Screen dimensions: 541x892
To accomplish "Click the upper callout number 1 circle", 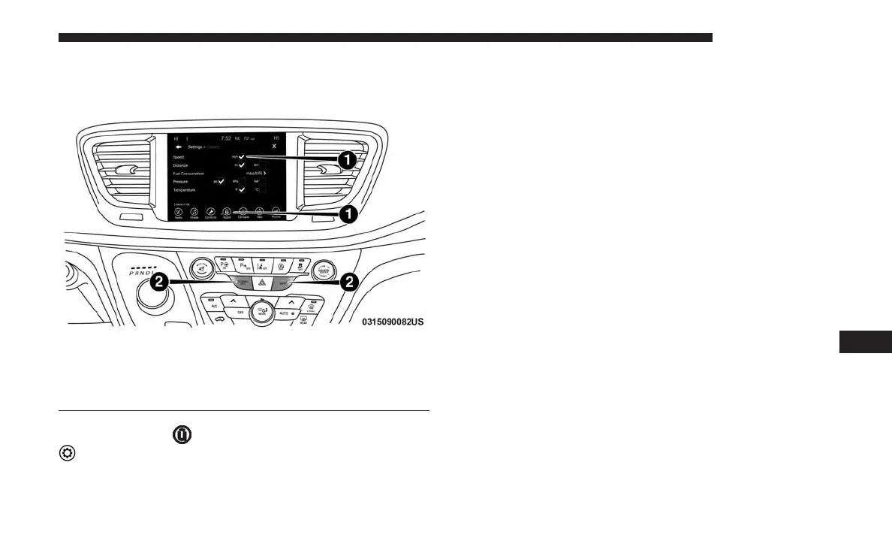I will click(x=347, y=160).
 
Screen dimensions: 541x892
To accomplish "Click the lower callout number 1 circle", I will click(x=347, y=214).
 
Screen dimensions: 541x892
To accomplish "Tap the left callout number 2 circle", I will click(x=159, y=283).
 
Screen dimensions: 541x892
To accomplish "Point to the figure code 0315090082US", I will click(x=393, y=322).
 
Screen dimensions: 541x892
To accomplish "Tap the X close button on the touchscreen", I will click(x=274, y=146).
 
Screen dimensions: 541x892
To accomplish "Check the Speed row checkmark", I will click(x=242, y=156).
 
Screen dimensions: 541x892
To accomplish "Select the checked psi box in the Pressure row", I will click(x=221, y=182).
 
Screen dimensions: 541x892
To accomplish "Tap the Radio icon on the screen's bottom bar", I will click(x=179, y=213).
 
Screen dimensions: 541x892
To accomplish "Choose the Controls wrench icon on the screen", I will click(x=211, y=213).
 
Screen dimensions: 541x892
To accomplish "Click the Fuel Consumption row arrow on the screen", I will click(x=264, y=173).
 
